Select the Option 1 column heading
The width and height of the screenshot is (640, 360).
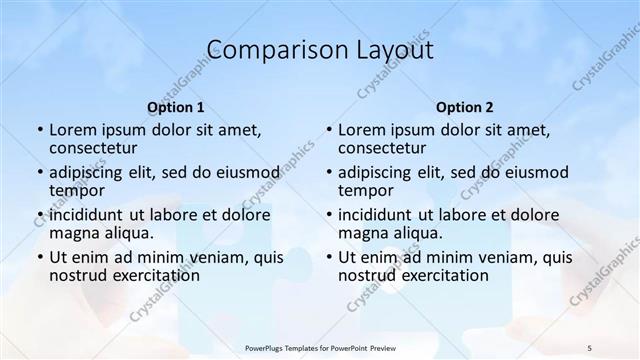pyautogui.click(x=176, y=107)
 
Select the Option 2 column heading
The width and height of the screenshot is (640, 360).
pyautogui.click(x=464, y=107)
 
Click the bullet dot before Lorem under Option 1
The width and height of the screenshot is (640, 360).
pyautogui.click(x=39, y=130)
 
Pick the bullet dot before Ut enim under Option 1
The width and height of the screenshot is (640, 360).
pyautogui.click(x=39, y=257)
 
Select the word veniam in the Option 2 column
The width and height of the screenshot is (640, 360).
pyautogui.click(x=486, y=257)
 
